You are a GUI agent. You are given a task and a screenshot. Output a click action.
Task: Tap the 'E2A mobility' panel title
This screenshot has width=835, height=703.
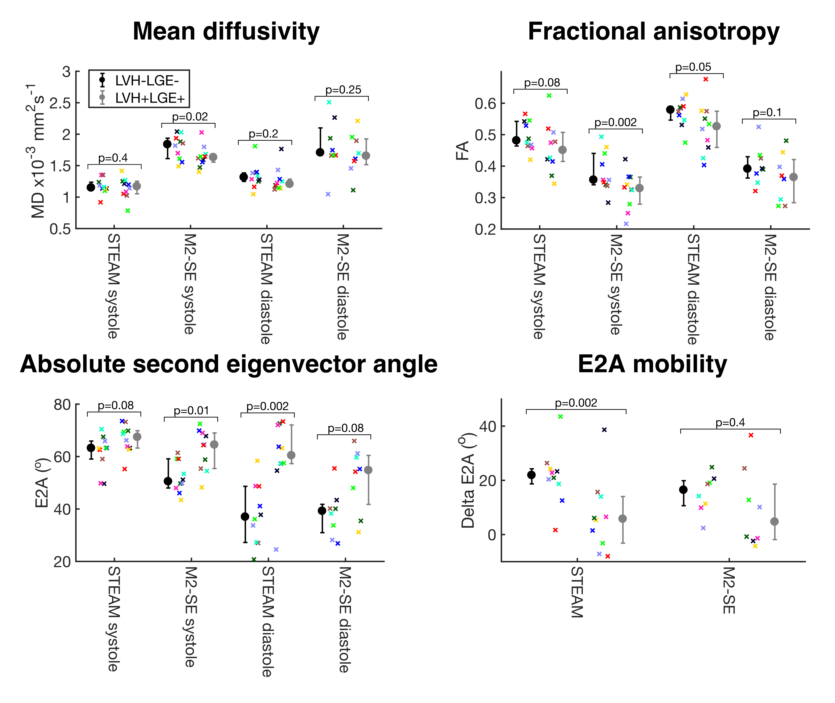point(652,364)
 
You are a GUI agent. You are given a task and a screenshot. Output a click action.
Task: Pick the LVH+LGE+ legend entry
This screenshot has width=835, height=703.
point(150,98)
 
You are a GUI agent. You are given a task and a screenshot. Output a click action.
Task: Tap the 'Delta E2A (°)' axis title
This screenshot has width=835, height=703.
point(468,480)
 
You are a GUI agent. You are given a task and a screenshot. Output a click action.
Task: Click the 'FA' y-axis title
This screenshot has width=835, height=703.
point(463,151)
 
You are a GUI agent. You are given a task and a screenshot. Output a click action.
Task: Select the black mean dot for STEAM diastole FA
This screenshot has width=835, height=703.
point(670,109)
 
